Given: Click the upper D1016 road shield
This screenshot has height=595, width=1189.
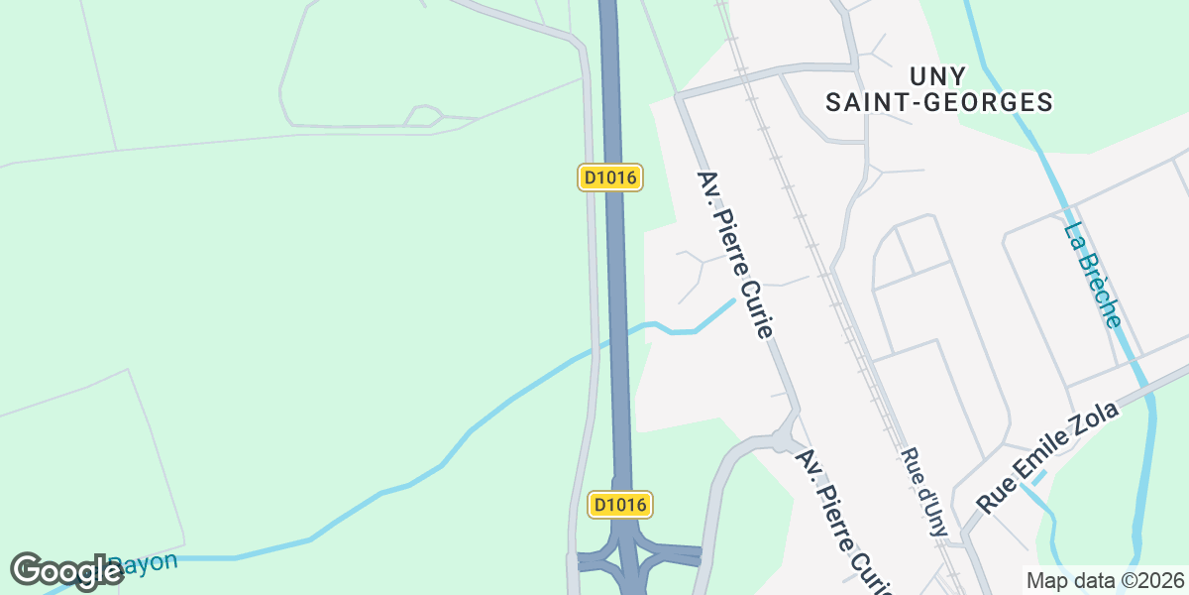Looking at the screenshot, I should [611, 178].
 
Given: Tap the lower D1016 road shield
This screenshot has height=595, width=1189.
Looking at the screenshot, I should [620, 504].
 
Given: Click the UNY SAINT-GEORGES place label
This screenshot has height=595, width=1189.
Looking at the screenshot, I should [938, 88].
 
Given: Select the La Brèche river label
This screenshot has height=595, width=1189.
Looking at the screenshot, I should [1093, 275].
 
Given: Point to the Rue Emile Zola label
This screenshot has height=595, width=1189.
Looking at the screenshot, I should [1047, 456].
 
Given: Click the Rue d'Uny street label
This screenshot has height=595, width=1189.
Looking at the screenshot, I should [923, 491].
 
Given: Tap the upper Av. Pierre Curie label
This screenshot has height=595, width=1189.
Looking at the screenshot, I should [734, 255].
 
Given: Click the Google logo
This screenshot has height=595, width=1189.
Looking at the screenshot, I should [65, 571].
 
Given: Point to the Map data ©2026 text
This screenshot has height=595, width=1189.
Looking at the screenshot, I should [1105, 580].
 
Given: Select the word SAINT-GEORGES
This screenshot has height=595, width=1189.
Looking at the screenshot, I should [938, 101].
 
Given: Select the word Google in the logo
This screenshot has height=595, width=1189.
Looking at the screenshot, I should [65, 571].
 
